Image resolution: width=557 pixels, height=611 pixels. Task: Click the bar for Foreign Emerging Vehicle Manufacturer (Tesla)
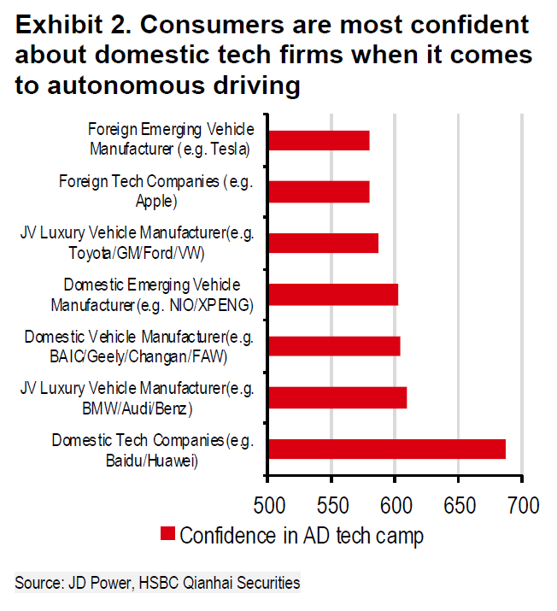coord(319,140)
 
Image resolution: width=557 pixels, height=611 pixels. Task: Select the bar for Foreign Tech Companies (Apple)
coord(319,191)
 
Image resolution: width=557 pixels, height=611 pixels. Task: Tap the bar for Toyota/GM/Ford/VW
coord(323,243)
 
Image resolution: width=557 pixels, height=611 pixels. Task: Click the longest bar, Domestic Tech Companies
coord(387,449)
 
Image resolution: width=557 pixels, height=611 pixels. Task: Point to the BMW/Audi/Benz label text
coord(138,409)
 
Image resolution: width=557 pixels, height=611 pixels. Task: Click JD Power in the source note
coord(91,584)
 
